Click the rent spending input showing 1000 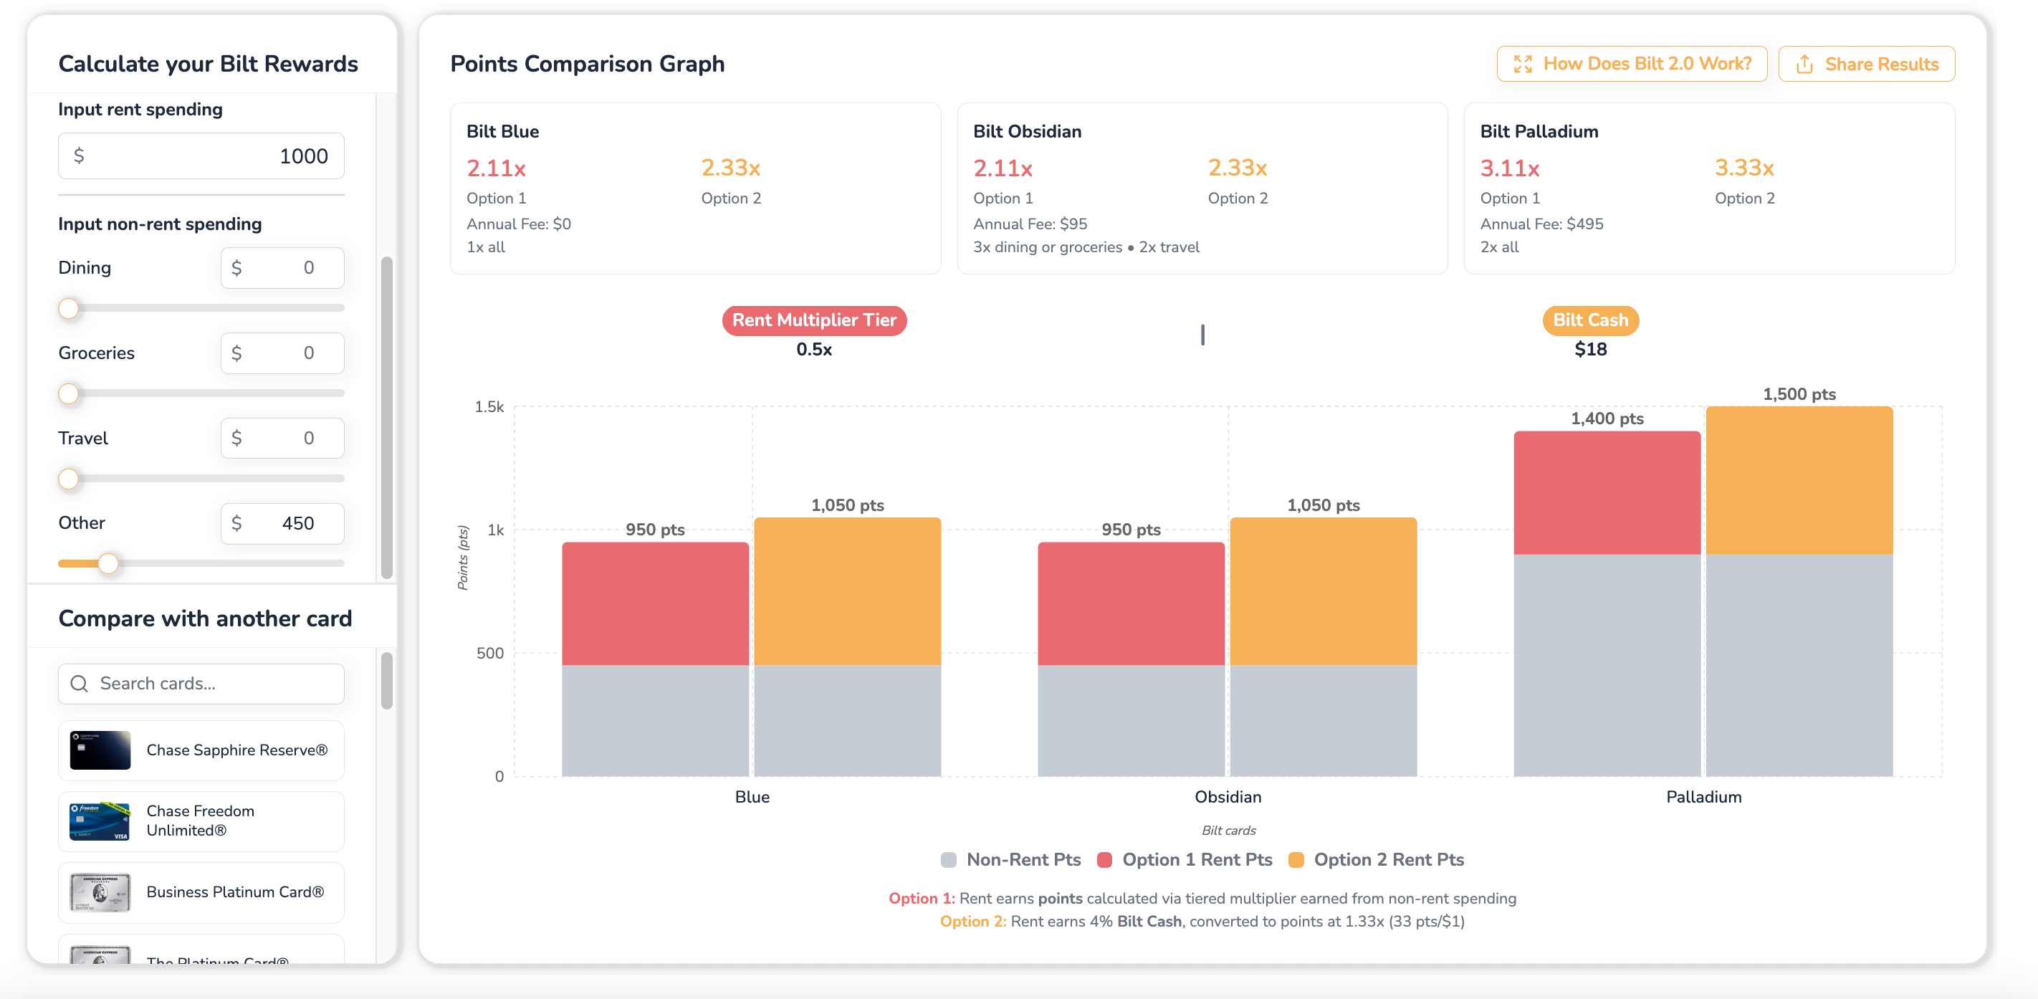click(201, 156)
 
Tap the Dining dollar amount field click(282, 268)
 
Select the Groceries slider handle click(69, 393)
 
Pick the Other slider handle click(108, 563)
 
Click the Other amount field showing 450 click(282, 524)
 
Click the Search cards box click(201, 684)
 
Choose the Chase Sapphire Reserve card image click(100, 750)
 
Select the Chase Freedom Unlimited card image click(100, 821)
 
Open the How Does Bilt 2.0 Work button click(1632, 64)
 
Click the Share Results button click(1866, 64)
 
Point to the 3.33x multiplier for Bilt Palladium click(1743, 168)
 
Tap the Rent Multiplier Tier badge click(814, 320)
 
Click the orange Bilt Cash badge click(1590, 320)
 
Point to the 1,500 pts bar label click(1799, 394)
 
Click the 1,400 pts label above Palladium click(1607, 419)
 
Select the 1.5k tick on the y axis click(489, 406)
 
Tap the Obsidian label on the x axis click(1228, 796)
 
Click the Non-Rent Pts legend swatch click(949, 860)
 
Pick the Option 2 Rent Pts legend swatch click(1296, 860)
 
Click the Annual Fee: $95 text click(1030, 224)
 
